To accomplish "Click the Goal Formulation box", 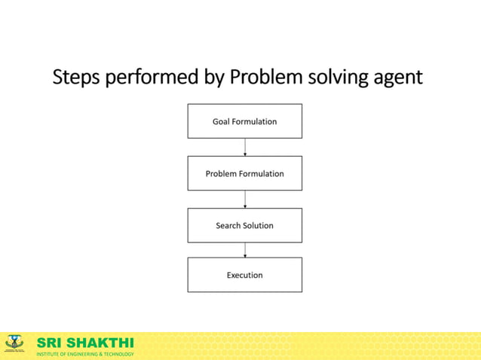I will (x=244, y=121).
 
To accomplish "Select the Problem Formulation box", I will (x=244, y=173).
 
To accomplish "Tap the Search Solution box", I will (x=244, y=225).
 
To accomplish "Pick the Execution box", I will (x=244, y=275).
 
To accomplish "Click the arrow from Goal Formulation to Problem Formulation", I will (x=245, y=148).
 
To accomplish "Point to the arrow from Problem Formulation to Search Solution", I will (x=245, y=200).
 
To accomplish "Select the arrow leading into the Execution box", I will (x=245, y=250).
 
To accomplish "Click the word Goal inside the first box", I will (x=221, y=121).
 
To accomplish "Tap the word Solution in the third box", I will (x=258, y=225).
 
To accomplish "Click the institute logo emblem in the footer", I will (x=14, y=344).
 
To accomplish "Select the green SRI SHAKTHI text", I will (x=84, y=343).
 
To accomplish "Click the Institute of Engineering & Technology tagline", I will (x=84, y=354).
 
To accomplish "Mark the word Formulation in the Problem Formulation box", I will (x=259, y=173).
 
